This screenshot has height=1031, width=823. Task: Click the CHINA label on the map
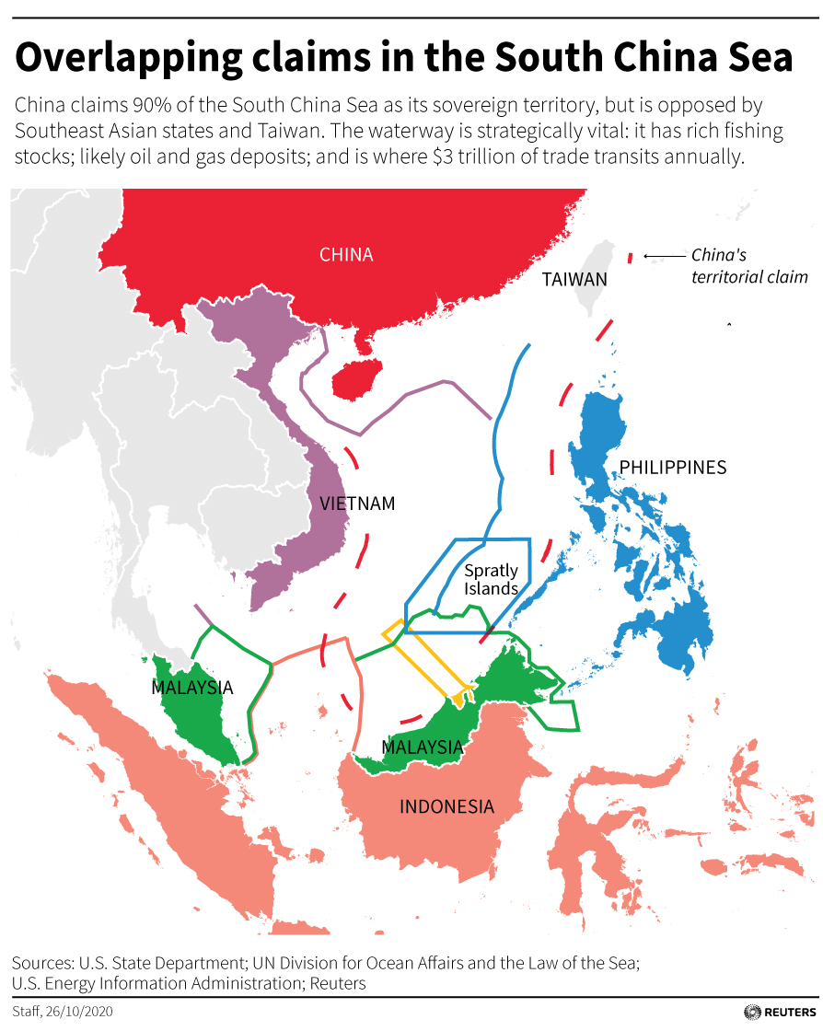point(346,255)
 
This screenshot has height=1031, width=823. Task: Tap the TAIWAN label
point(574,279)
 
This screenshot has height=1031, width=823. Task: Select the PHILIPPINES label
point(672,468)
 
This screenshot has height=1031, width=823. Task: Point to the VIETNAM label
point(357,504)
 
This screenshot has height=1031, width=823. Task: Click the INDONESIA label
point(446,807)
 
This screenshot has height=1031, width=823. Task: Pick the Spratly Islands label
point(491,580)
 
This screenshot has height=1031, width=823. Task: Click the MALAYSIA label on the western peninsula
point(192,688)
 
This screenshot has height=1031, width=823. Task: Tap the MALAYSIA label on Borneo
point(422,747)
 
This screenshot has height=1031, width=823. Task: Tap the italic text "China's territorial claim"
point(748,266)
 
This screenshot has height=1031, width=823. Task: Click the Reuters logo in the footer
point(777,1012)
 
